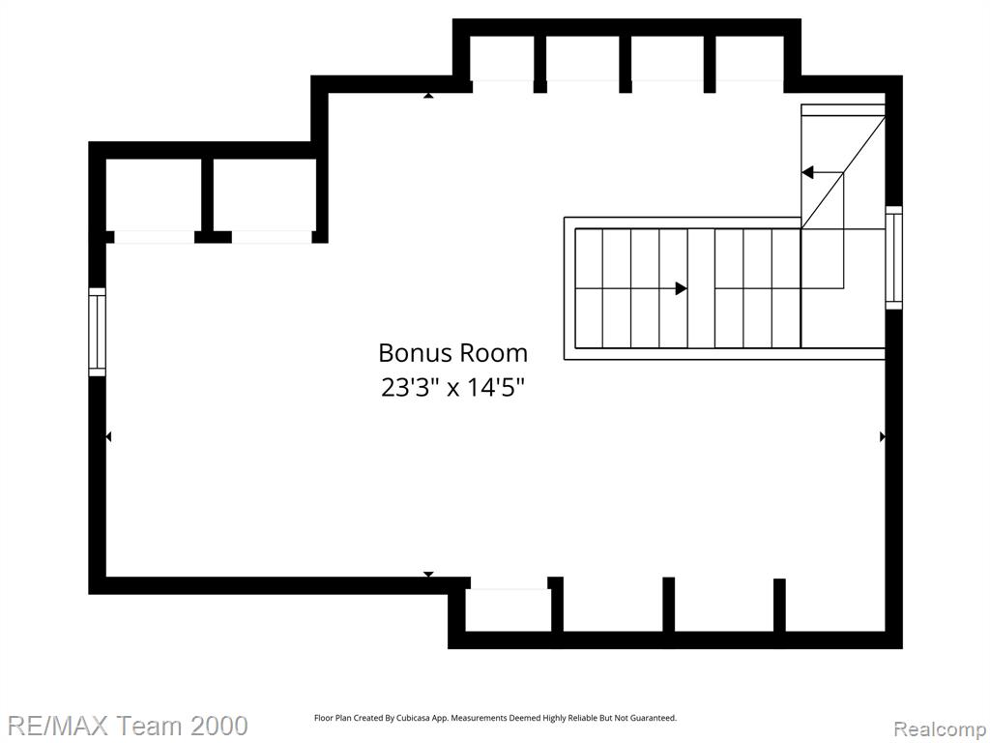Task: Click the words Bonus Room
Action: (452, 352)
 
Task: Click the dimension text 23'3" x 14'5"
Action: (452, 387)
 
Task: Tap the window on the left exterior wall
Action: (97, 332)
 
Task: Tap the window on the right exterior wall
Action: (893, 257)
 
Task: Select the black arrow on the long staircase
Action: (682, 288)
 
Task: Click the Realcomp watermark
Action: (941, 728)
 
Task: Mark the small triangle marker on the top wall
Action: (428, 96)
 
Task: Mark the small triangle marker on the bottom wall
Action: (428, 574)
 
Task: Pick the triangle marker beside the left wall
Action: (108, 436)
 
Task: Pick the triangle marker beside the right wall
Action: (882, 436)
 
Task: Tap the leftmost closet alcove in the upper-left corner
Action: (154, 194)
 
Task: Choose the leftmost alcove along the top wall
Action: (502, 59)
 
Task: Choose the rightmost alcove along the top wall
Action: (750, 59)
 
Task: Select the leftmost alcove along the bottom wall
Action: (508, 610)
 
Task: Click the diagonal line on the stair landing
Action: (843, 172)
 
